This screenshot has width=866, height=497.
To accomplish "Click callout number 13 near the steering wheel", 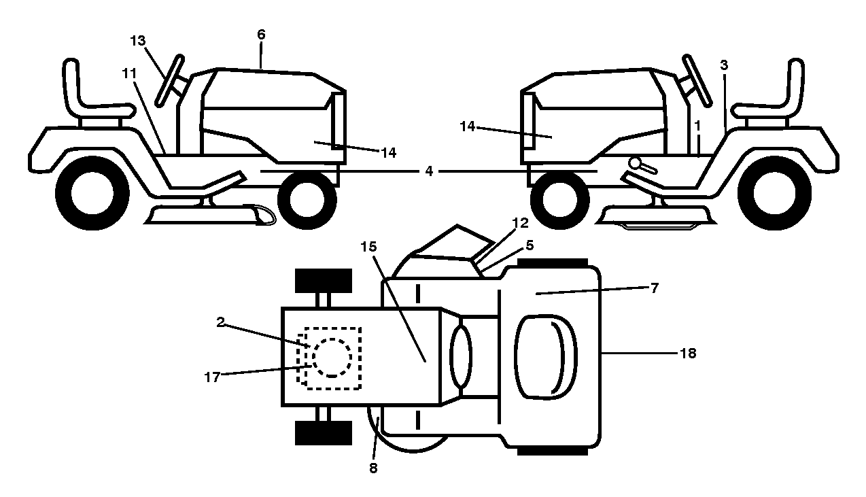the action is pyautogui.click(x=137, y=41).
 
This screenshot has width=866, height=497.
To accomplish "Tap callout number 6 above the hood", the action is pyautogui.click(x=261, y=35).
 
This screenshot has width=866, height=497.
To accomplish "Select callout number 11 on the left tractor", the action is pyautogui.click(x=130, y=73).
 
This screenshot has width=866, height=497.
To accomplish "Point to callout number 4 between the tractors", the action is pyautogui.click(x=429, y=171).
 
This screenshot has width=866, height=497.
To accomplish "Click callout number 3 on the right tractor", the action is pyautogui.click(x=724, y=65).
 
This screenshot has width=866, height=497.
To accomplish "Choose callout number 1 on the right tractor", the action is pyautogui.click(x=697, y=126).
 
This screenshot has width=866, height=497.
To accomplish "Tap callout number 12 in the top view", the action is pyautogui.click(x=520, y=223).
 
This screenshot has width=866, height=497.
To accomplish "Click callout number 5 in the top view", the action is pyautogui.click(x=530, y=245).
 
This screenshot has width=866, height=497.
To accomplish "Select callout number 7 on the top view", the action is pyautogui.click(x=654, y=288).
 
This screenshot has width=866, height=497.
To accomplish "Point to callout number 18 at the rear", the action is pyautogui.click(x=688, y=353).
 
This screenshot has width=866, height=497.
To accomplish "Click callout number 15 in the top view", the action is pyautogui.click(x=368, y=246).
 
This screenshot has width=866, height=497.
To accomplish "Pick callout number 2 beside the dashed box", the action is pyautogui.click(x=220, y=322).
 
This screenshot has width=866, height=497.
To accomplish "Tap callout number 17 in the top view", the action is pyautogui.click(x=212, y=377).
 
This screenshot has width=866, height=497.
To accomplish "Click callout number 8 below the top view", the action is pyautogui.click(x=373, y=468).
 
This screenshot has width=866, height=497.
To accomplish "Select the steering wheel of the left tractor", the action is pyautogui.click(x=169, y=80).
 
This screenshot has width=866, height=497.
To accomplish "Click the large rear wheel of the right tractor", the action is pyautogui.click(x=774, y=193).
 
